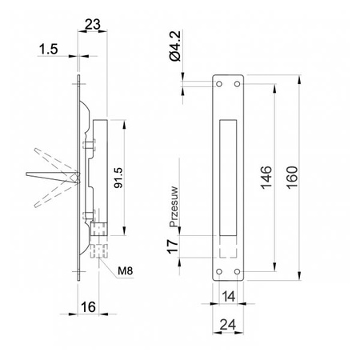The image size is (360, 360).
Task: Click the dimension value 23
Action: [93, 24]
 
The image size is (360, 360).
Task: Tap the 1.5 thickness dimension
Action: [49, 50]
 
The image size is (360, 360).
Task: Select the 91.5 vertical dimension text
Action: [118, 178]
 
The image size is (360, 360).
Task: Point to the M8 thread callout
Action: [125, 271]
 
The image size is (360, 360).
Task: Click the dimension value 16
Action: [88, 307]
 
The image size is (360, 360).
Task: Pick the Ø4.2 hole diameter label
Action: [175, 46]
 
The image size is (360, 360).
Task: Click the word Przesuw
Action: [174, 206]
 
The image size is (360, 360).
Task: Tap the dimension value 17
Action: [172, 246]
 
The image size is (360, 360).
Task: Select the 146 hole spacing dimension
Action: [266, 178]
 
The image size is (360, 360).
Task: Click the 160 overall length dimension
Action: [292, 178]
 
